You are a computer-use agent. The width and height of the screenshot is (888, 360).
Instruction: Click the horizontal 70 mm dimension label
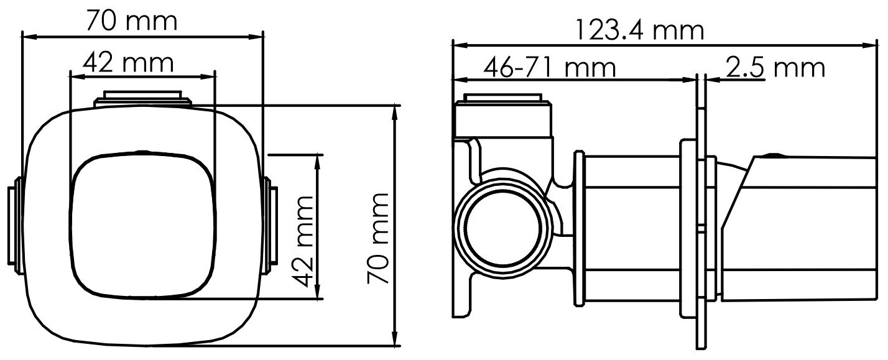coord(132,21)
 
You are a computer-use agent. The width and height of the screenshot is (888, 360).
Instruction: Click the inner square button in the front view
coord(142,226)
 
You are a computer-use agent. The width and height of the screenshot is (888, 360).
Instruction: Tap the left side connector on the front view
coord(15,226)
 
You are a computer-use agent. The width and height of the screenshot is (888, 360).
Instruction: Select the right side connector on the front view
coord(271,226)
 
